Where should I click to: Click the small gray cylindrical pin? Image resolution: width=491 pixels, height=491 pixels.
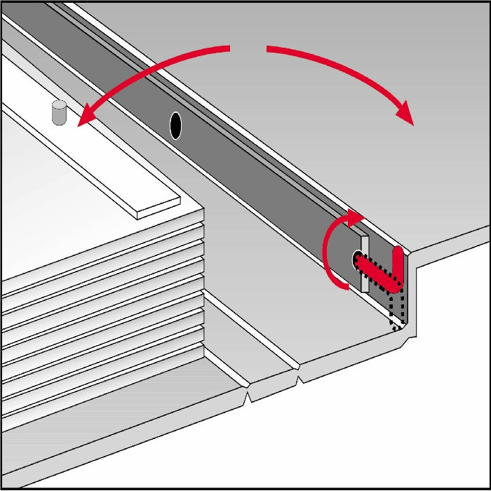(x=59, y=113)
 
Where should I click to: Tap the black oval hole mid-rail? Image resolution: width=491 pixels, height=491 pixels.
(x=176, y=126)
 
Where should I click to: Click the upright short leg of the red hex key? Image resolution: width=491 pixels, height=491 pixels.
(x=398, y=263)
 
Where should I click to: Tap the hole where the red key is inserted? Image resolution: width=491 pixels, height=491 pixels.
(x=356, y=260)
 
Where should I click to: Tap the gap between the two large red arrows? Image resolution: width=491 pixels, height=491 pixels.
(x=248, y=48)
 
